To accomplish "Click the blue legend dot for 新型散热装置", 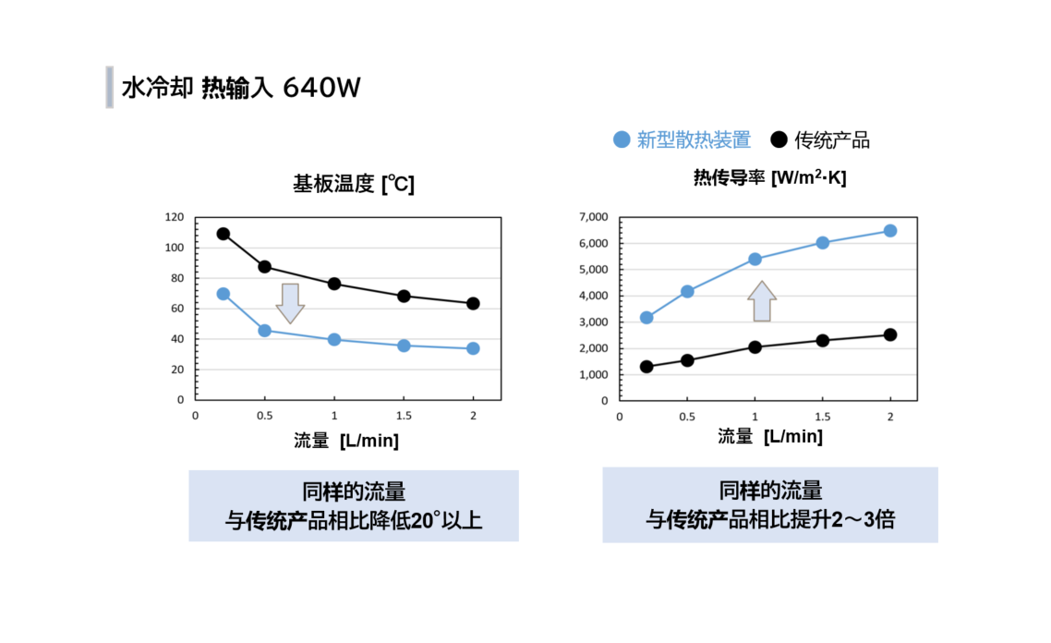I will click(622, 140).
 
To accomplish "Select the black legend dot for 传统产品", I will click(779, 140).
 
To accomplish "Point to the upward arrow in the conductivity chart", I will click(762, 301).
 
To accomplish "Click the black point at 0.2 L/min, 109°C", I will click(223, 234).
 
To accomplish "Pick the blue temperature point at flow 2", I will click(473, 348).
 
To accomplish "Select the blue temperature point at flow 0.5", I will click(265, 330).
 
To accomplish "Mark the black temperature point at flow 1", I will click(334, 284).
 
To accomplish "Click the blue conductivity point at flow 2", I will click(890, 231).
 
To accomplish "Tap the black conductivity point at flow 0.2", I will click(646, 367).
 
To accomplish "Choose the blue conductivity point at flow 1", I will click(755, 260).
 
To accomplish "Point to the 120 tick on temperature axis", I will click(175, 218).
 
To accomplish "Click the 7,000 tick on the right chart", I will click(592, 217).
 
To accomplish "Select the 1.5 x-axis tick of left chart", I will click(404, 416).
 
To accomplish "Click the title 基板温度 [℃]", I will click(354, 185).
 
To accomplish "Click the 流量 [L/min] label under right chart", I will click(769, 437).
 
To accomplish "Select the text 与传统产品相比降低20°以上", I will click(354, 521).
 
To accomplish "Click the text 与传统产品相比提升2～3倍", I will click(769, 520).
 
